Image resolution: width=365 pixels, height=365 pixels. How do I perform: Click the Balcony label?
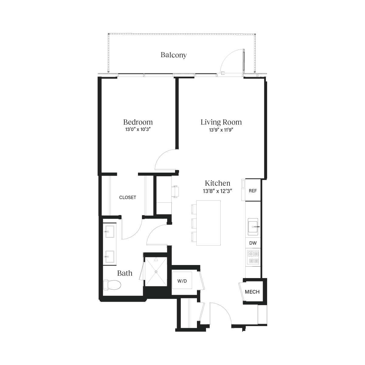tap(174, 55)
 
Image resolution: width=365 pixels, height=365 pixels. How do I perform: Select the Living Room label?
tap(221, 122)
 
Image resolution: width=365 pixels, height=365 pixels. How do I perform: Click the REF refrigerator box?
tap(253, 191)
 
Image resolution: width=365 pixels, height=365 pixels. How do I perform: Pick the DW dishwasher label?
tap(253, 243)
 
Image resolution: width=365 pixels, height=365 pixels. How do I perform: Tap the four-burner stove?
tap(253, 257)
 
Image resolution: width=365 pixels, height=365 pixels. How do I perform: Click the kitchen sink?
tap(253, 227)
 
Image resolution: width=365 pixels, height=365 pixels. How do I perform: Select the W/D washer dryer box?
tap(182, 281)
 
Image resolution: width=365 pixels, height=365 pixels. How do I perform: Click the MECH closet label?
tap(252, 292)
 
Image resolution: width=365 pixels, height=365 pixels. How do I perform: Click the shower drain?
tap(156, 271)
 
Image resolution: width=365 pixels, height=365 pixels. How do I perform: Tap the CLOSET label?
tap(128, 198)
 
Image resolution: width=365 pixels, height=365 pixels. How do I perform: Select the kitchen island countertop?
tap(208, 223)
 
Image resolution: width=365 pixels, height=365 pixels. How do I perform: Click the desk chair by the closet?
tap(176, 191)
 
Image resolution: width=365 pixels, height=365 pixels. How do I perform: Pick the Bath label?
tap(125, 273)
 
